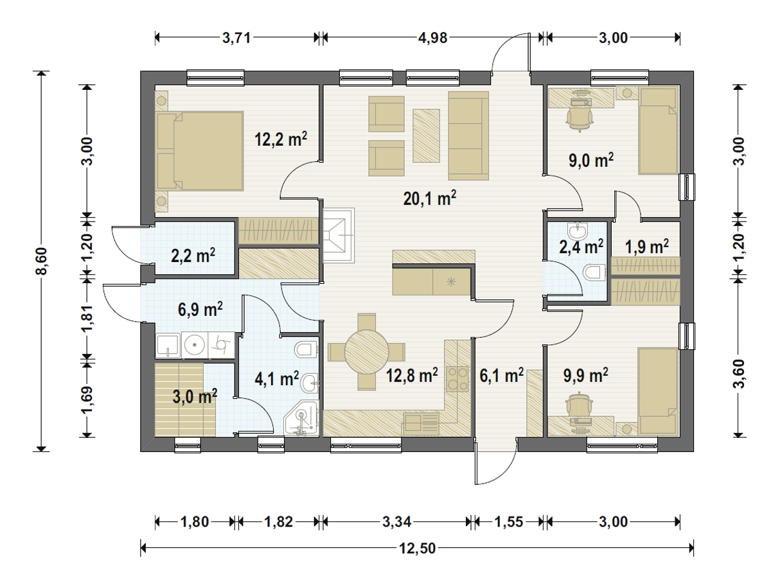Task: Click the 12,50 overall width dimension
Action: click(x=417, y=548)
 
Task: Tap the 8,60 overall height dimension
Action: click(x=41, y=261)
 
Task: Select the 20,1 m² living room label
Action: click(x=430, y=198)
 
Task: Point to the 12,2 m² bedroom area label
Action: click(x=281, y=139)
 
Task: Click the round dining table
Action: click(x=367, y=352)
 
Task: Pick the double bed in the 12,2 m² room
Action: click(x=200, y=151)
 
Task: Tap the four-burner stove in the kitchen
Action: click(x=457, y=379)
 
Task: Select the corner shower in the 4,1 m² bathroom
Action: click(x=302, y=419)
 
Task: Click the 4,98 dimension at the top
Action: click(x=432, y=37)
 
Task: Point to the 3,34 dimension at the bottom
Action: click(x=397, y=522)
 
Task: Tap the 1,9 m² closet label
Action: click(x=647, y=247)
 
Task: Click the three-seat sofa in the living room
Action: click(x=468, y=135)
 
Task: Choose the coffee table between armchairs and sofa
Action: click(x=426, y=135)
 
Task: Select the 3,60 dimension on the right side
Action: click(x=738, y=374)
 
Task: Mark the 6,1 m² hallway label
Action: click(x=502, y=375)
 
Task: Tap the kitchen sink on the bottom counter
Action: click(x=420, y=423)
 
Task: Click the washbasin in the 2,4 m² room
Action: click(x=578, y=231)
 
